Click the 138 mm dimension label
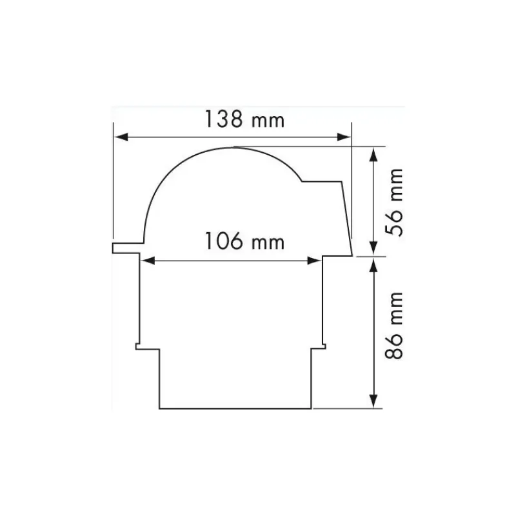244,119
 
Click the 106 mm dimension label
244,241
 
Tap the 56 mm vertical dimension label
394,202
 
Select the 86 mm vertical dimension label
394,325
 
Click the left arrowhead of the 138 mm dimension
121,137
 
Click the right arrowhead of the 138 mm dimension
344,137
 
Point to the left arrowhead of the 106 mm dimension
148,261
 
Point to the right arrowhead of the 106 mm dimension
314,261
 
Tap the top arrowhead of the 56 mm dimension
373,154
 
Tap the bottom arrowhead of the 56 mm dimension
373,248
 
